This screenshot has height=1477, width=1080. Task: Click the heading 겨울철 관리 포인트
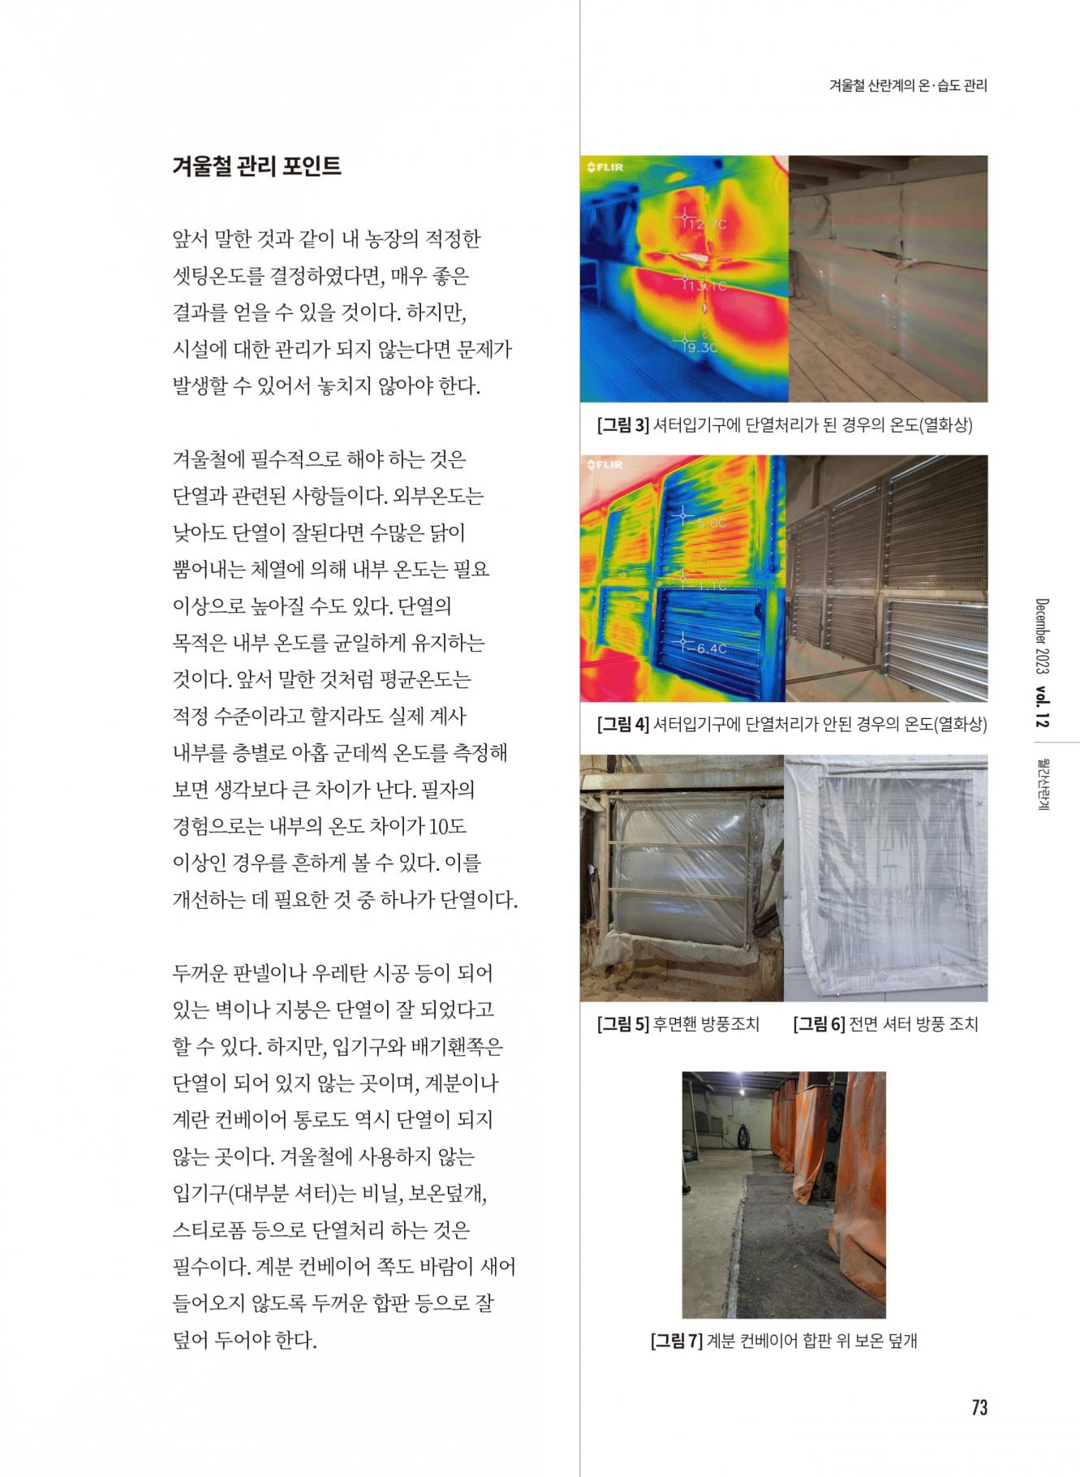[256, 166]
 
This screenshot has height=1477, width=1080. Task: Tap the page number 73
[979, 1407]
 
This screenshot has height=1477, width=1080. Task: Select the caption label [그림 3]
[623, 424]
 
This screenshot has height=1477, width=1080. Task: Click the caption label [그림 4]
[623, 724]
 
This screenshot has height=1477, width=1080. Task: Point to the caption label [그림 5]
[623, 1024]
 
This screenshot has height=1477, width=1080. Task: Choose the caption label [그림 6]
[819, 1024]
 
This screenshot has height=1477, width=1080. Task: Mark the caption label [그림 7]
[677, 1341]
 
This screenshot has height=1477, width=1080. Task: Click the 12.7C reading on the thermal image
[707, 223]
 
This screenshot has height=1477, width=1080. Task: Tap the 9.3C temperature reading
[701, 347]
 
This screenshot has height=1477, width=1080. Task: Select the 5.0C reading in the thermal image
[711, 523]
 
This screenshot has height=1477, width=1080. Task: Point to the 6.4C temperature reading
[711, 648]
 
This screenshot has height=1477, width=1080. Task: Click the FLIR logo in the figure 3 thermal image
[605, 167]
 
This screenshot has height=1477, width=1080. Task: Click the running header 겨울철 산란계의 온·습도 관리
[908, 85]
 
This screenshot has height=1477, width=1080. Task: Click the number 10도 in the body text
[447, 826]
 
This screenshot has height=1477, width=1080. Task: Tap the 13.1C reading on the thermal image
[705, 286]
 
